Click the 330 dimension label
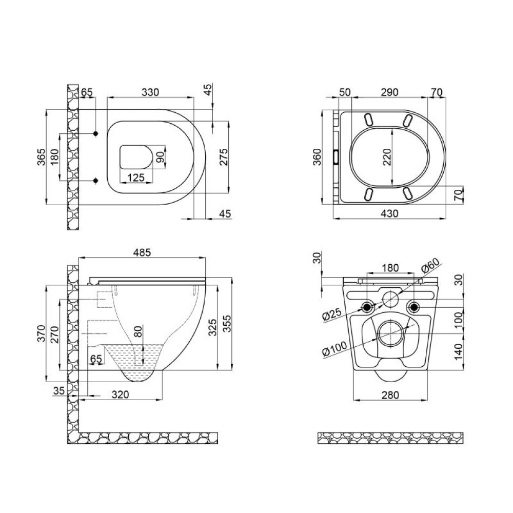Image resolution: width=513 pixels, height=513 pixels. coord(150,92)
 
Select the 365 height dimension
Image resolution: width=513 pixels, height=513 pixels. coord(41,157)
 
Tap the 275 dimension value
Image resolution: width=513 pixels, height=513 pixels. coord(224,156)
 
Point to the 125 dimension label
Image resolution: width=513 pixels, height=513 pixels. coord(136,177)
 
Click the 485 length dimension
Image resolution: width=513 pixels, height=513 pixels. coord(142,252)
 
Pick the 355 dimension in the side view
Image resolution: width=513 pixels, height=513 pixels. coord(227,324)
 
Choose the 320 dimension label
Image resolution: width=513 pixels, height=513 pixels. coord(121,394)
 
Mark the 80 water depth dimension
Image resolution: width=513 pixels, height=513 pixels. coord(139,331)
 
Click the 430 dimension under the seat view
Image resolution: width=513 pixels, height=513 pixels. coord(390,213)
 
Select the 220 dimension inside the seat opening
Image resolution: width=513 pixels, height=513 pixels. coord(387,157)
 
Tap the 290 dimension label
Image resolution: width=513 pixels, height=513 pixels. coord(390,92)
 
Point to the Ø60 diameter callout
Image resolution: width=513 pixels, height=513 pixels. coord(430,265)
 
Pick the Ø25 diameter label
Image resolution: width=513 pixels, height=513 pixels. coord(332,315)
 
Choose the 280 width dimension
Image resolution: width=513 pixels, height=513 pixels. coord(390,395)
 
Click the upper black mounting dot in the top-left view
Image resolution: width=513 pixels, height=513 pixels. coord(96,133)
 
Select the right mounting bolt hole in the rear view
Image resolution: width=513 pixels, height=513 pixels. coord(414,307)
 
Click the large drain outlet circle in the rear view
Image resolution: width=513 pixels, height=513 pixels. coord(390,333)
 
